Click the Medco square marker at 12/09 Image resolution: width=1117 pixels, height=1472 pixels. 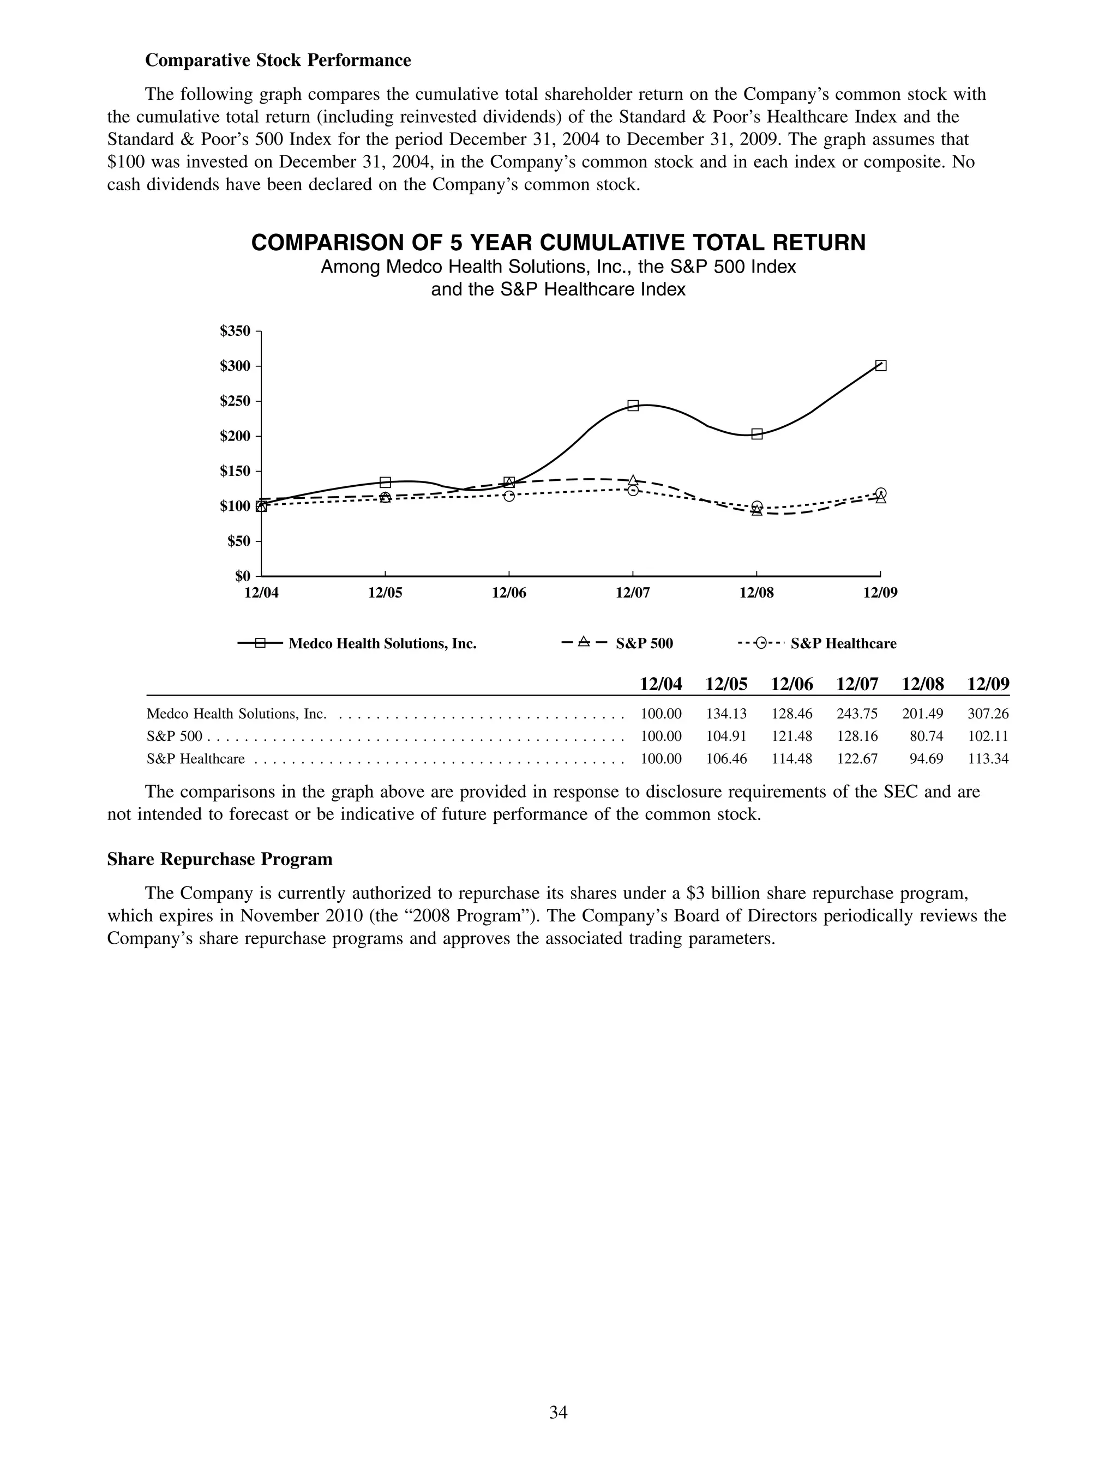click(880, 365)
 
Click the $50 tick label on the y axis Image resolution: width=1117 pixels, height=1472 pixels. click(238, 541)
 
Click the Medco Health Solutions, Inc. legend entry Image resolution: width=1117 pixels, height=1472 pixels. click(382, 643)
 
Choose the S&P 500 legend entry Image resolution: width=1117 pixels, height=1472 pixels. click(644, 643)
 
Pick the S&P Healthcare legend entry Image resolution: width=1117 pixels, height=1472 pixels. click(843, 643)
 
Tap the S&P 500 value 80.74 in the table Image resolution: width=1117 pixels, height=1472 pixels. click(926, 737)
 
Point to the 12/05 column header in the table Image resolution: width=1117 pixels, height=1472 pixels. click(726, 684)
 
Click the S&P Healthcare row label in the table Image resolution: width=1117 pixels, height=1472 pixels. click(196, 759)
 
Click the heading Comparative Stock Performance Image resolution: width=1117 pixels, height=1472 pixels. click(278, 61)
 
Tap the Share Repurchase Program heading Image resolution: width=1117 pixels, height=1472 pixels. click(220, 859)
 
